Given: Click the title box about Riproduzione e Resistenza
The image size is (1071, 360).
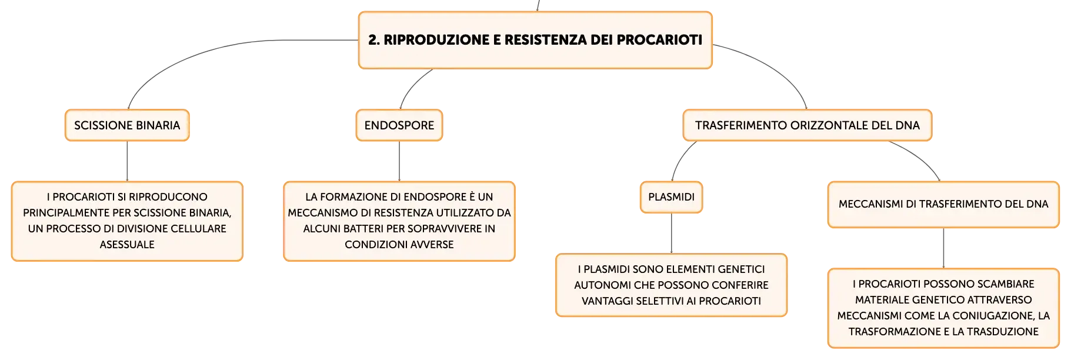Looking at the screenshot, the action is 535,40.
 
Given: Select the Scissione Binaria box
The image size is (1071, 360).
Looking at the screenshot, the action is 127,125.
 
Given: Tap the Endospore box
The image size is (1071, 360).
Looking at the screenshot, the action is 399,125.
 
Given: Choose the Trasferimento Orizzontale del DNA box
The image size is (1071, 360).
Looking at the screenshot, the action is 808,125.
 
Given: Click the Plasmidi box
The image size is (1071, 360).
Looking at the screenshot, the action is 671,197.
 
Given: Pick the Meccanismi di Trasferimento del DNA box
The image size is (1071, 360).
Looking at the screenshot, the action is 943,204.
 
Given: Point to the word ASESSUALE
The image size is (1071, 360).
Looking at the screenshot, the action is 127,245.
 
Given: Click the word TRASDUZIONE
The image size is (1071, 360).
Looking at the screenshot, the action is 1003,332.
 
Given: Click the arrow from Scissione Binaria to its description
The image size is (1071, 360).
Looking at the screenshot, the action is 127,161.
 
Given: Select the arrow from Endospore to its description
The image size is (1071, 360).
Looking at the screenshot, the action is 399,161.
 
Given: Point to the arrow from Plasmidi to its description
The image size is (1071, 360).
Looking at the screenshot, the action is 671,233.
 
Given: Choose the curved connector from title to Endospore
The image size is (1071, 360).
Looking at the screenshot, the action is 412,86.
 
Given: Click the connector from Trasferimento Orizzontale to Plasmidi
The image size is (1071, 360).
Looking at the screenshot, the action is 680,157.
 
